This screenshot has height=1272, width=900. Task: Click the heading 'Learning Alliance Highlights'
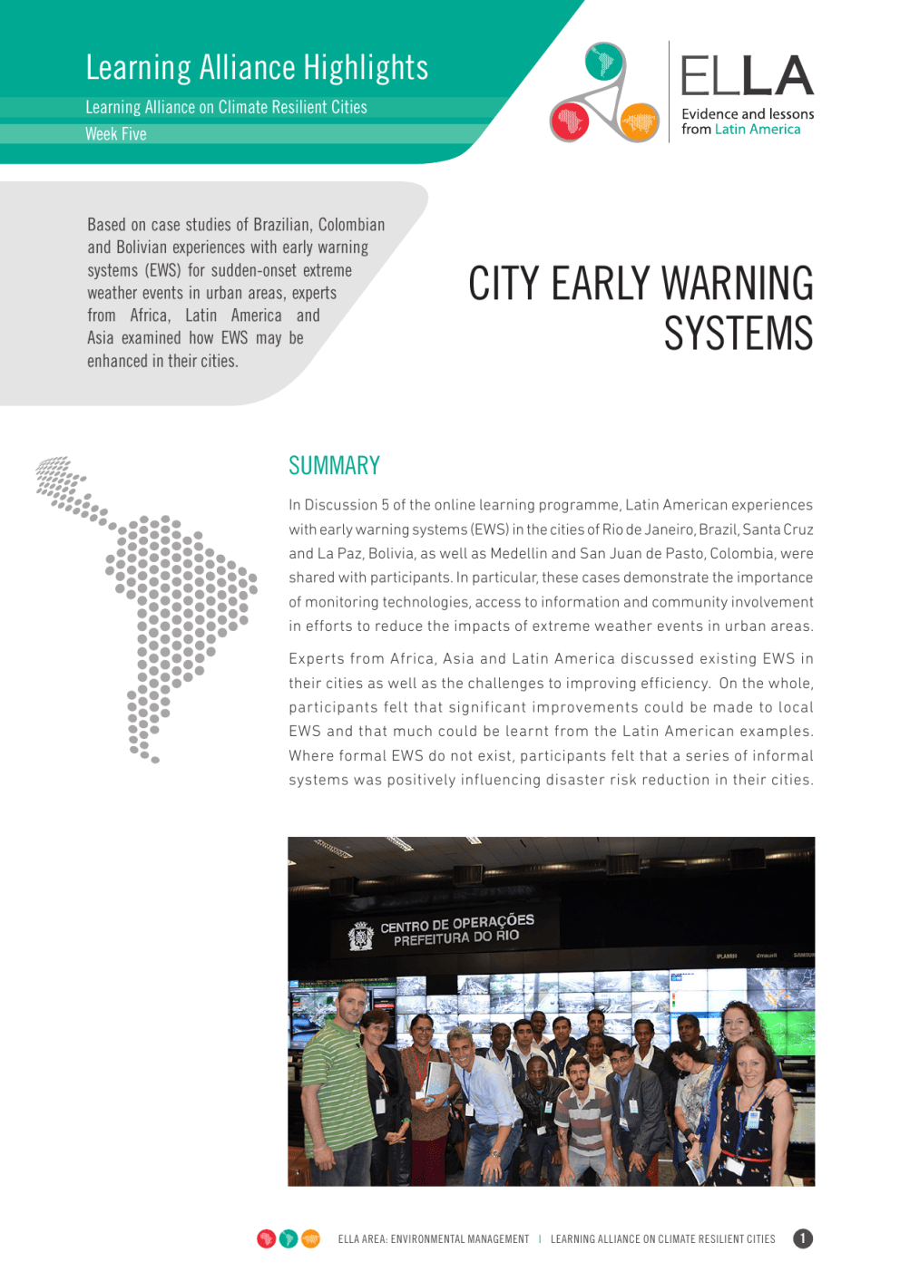(x=257, y=68)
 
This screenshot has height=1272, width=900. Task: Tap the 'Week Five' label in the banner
(x=116, y=134)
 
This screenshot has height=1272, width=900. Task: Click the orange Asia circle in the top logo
(x=639, y=121)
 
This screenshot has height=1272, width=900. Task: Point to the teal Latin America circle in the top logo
(x=604, y=62)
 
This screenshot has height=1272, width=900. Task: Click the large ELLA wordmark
(x=747, y=76)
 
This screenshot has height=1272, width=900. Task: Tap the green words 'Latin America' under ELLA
(x=758, y=130)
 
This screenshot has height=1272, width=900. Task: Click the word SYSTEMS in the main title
(x=739, y=334)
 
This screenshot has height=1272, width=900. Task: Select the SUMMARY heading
(x=334, y=466)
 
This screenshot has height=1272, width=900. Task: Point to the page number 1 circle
(x=803, y=1238)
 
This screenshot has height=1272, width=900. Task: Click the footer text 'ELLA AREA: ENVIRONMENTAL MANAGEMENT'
(x=433, y=1239)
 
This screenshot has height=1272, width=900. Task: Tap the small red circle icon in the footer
(x=267, y=1238)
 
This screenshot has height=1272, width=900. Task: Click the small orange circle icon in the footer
(x=310, y=1238)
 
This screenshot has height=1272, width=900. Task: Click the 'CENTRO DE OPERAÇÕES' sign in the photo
(x=457, y=925)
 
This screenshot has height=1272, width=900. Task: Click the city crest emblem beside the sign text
(x=361, y=936)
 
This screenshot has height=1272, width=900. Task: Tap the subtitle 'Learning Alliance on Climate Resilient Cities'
(x=226, y=108)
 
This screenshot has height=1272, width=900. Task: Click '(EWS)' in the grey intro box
(x=163, y=270)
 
